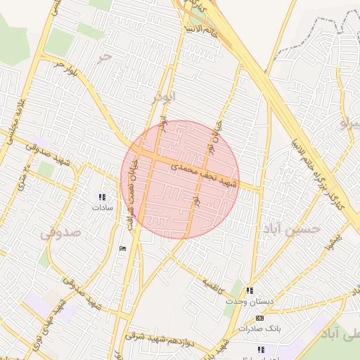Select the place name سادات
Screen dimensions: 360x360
[102, 208]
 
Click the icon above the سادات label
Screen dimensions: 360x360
[102, 198]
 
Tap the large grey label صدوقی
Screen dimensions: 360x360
[56, 233]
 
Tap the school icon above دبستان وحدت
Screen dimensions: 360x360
[250, 290]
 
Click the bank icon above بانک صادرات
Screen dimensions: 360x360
[260, 318]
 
